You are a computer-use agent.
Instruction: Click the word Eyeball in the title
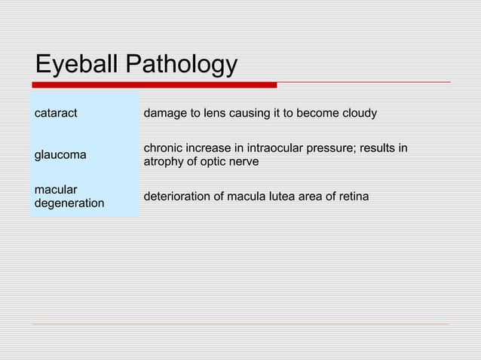pyautogui.click(x=77, y=65)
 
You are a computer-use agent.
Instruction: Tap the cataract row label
pyautogui.click(x=56, y=114)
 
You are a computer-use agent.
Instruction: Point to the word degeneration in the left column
pyautogui.click(x=69, y=203)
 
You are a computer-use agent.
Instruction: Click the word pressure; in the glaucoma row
pyautogui.click(x=332, y=148)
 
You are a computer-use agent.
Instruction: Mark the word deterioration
pyautogui.click(x=178, y=197)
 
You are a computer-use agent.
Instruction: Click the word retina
pyautogui.click(x=353, y=197)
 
